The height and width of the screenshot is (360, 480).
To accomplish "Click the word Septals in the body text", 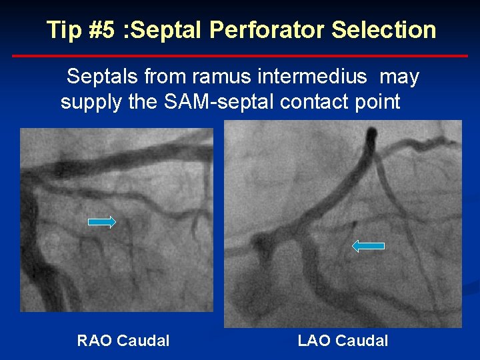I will pyautogui.click(x=101, y=77).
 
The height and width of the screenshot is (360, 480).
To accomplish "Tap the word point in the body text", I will pyautogui.click(x=377, y=103).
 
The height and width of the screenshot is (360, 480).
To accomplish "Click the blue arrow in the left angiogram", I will pyautogui.click(x=102, y=222).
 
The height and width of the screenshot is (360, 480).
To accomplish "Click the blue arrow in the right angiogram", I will pyautogui.click(x=368, y=246).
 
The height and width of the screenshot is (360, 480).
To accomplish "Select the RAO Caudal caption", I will pyautogui.click(x=123, y=341).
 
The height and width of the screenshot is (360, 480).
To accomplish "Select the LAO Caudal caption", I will pyautogui.click(x=343, y=341).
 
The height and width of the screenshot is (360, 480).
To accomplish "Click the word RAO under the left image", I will pyautogui.click(x=94, y=341).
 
